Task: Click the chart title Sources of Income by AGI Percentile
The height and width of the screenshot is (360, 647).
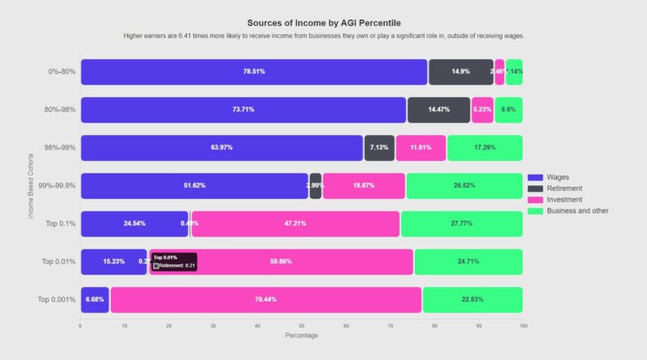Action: point(323,23)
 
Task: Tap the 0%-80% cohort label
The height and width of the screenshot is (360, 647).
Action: point(61,72)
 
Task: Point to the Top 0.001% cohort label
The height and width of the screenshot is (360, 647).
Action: point(57,299)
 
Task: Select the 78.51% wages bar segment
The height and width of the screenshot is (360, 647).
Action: point(254,72)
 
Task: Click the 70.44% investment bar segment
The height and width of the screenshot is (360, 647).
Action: point(266,299)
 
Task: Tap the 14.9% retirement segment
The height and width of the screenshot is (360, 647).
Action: point(461,72)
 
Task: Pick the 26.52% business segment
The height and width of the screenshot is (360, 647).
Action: point(464,185)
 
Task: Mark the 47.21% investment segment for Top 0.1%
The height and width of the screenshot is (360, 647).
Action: point(295,223)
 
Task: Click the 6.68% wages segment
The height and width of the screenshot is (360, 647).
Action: point(95,299)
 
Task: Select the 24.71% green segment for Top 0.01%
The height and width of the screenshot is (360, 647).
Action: point(468,261)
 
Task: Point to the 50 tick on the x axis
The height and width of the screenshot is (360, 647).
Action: point(302,326)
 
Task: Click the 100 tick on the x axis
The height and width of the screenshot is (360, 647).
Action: point(522,326)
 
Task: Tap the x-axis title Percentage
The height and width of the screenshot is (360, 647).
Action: point(301,336)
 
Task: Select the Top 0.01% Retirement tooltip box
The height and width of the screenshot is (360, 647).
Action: point(173,261)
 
